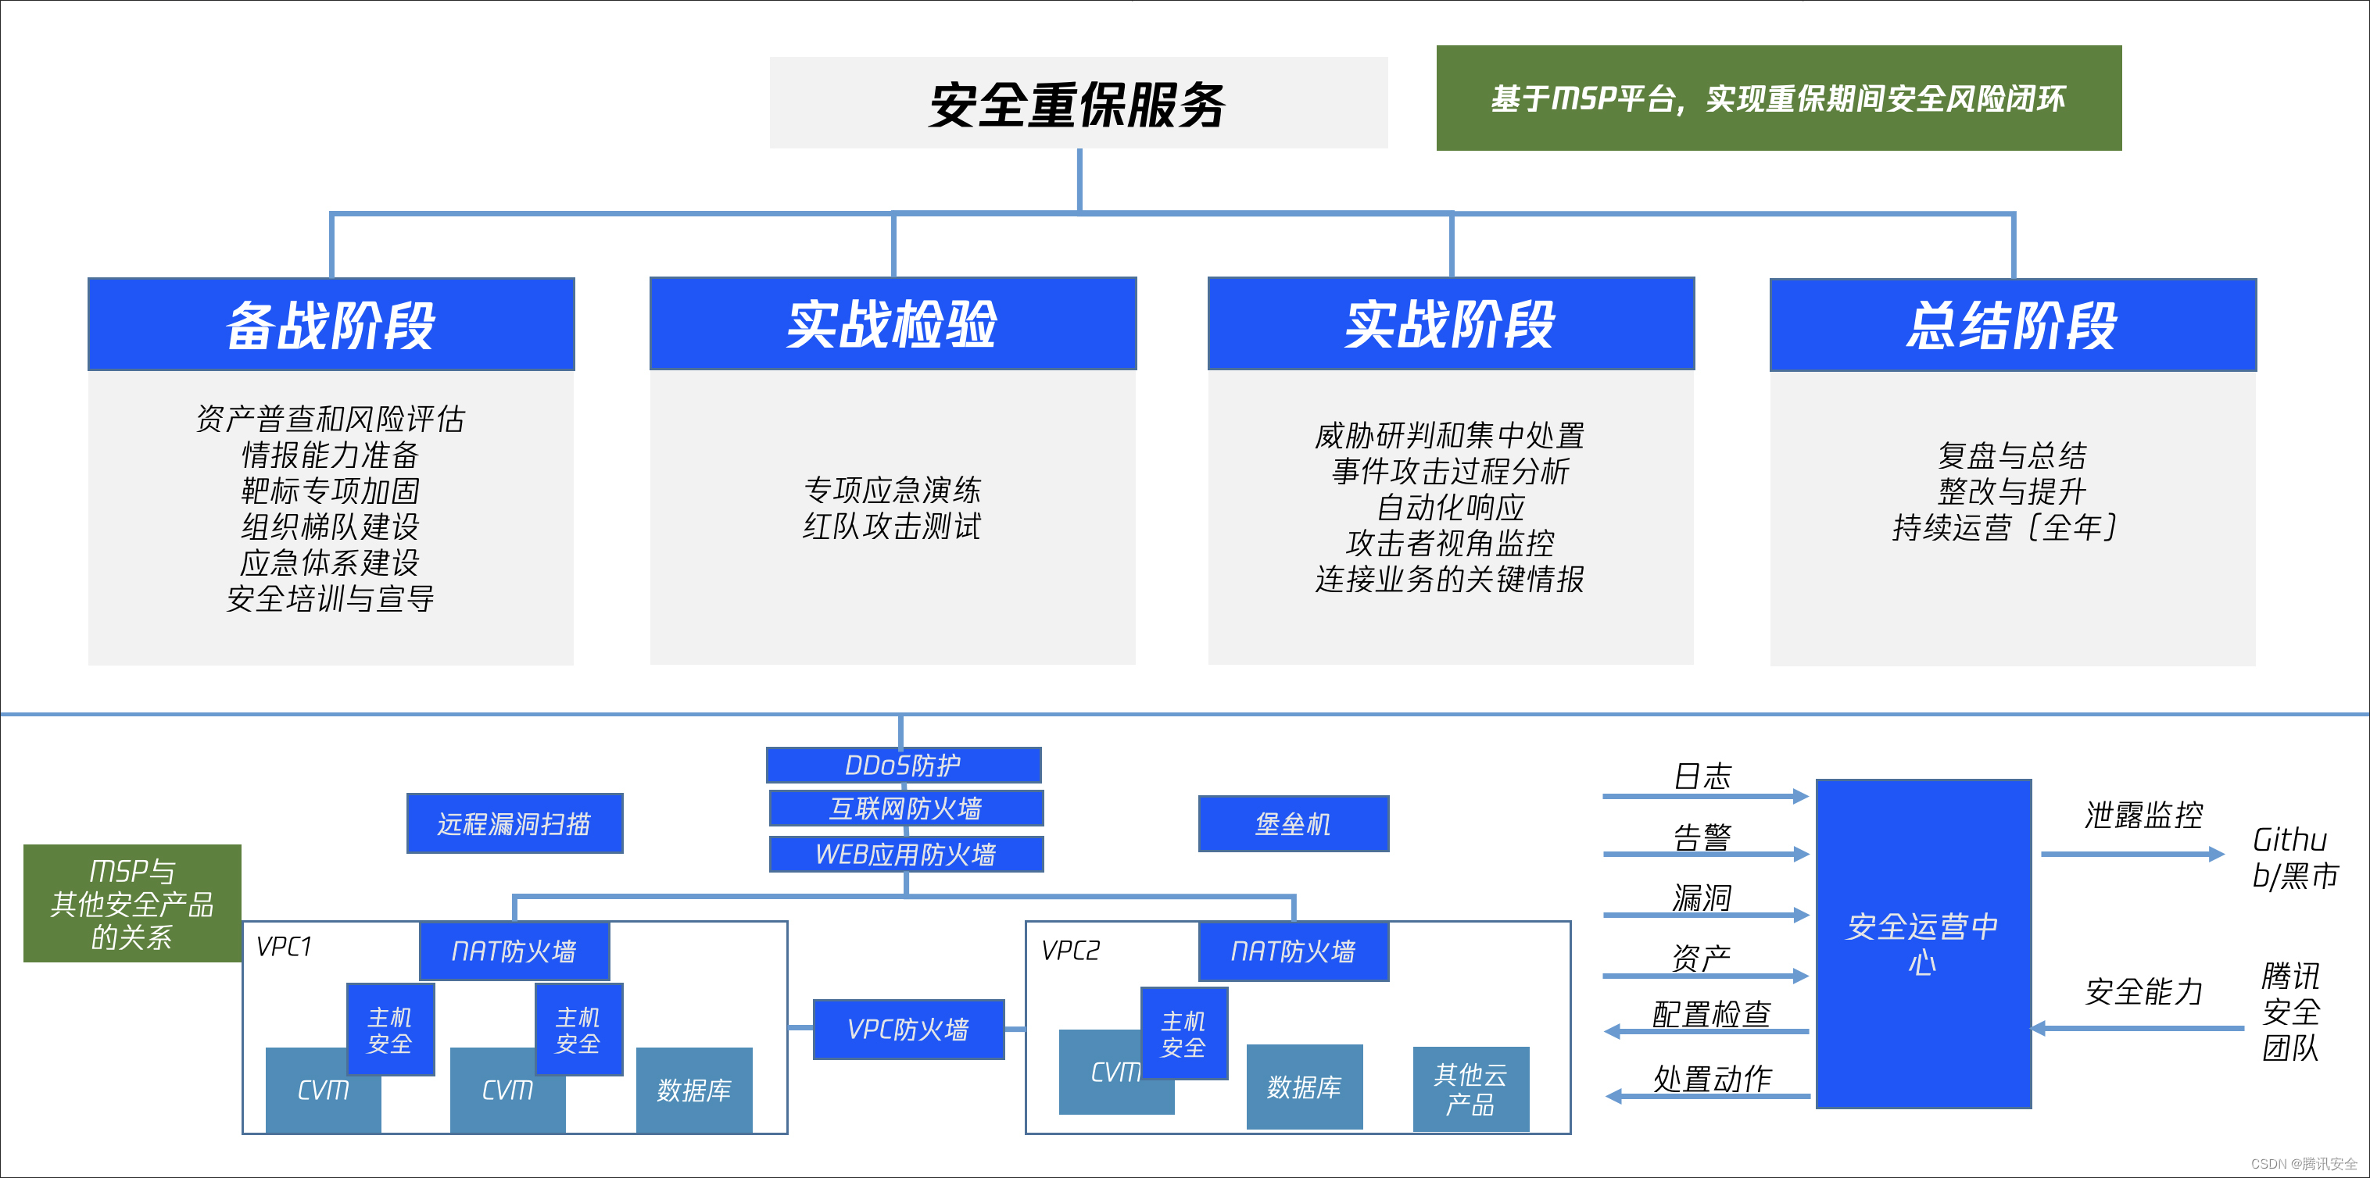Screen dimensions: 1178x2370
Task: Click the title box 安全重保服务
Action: pos(1078,103)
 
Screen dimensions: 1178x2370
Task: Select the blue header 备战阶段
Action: pos(331,325)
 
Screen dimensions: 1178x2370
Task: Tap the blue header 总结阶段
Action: pos(2012,325)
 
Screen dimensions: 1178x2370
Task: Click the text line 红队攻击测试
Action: pos(892,526)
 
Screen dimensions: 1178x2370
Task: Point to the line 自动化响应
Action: pos(1450,507)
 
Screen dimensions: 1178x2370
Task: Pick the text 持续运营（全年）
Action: pos(2006,527)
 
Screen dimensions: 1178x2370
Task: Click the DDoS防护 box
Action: pos(904,765)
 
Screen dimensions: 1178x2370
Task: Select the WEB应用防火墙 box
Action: pos(906,855)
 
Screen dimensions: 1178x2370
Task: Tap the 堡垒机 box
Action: pos(1294,824)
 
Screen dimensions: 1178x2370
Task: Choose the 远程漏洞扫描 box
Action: pos(514,823)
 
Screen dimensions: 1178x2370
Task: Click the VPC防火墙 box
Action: pos(908,1029)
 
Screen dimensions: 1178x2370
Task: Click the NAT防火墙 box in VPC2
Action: pos(1294,951)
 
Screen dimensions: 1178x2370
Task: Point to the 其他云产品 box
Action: pos(1470,1089)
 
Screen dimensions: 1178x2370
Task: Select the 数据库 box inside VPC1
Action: pos(693,1090)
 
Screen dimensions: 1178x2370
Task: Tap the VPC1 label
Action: pos(285,946)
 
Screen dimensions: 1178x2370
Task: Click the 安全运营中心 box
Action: pos(1923,944)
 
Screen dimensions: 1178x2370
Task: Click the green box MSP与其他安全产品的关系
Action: pos(132,903)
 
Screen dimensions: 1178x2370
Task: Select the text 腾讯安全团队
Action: pos(2291,1012)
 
